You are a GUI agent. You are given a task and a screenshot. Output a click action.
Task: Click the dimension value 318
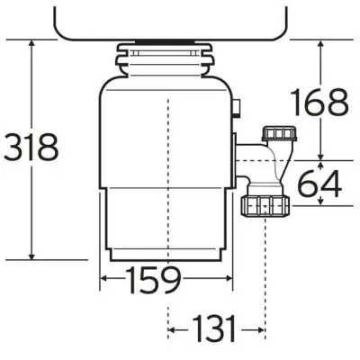(31, 145)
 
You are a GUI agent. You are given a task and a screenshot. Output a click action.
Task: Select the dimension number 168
(319, 103)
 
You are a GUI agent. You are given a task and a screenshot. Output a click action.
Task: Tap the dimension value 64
(320, 185)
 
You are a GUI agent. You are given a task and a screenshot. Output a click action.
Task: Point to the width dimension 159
(152, 280)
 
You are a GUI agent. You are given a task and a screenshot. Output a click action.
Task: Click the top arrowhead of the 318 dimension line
(32, 42)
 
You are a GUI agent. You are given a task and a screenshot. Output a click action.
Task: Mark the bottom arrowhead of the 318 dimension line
(32, 255)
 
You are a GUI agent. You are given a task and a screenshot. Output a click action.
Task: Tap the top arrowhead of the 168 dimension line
(320, 42)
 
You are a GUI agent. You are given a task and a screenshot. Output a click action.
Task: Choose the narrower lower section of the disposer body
(166, 220)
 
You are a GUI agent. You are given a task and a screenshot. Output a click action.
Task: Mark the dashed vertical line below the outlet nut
(266, 270)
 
